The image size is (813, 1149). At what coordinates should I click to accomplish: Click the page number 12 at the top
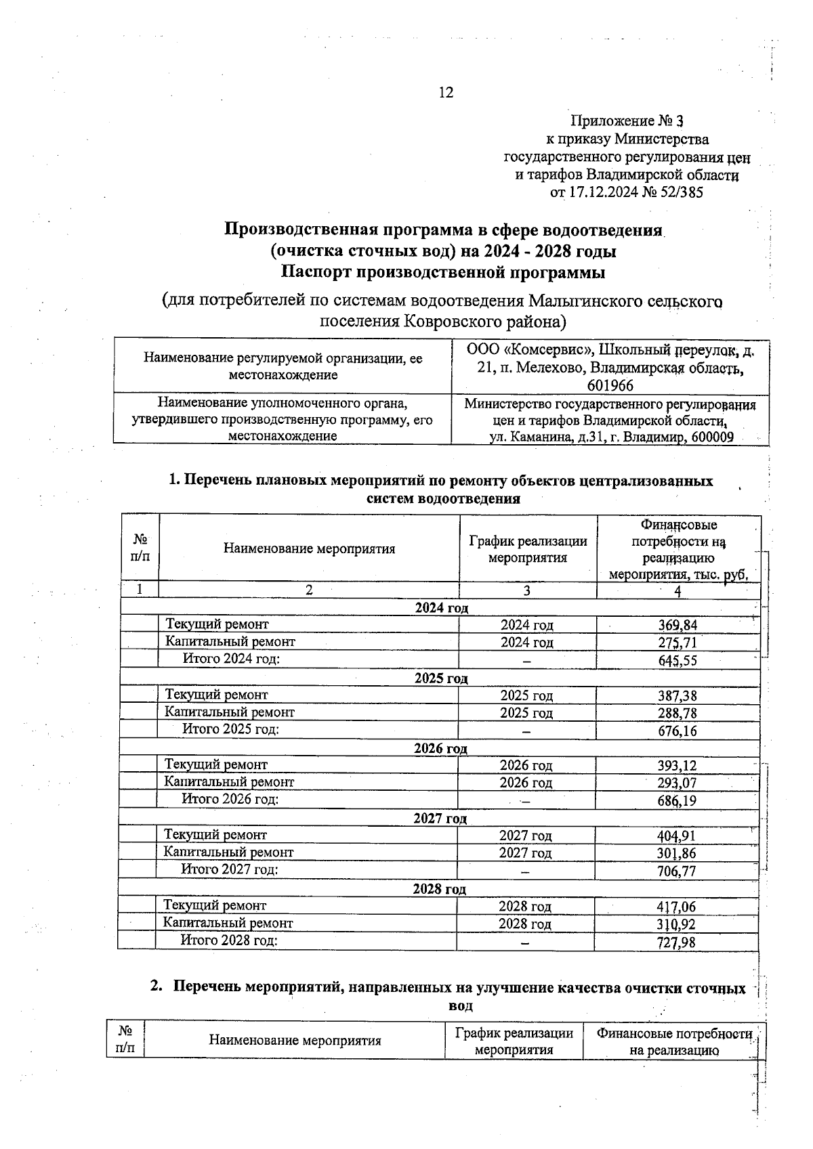tap(446, 93)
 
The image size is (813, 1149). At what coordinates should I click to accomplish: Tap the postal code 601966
tap(610, 386)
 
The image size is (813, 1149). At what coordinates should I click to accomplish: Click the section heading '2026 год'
tap(440, 748)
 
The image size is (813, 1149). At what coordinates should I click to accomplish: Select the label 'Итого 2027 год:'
tap(230, 869)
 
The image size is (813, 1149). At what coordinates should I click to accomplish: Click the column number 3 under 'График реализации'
tap(526, 590)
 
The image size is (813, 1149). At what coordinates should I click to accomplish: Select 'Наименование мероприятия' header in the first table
tap(309, 549)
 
